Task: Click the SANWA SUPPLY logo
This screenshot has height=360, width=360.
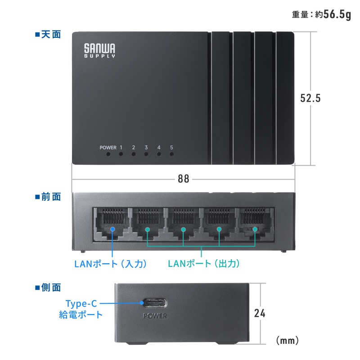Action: point(100,50)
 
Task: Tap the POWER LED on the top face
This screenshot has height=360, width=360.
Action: point(108,154)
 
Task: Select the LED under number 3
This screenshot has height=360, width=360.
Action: point(146,154)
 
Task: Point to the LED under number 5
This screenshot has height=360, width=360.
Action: point(171,154)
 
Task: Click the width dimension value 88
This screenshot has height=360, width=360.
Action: point(183,179)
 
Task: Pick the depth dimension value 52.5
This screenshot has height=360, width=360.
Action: point(310,98)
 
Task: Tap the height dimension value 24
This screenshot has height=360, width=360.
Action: point(260,313)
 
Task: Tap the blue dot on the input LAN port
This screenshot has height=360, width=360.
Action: point(112,229)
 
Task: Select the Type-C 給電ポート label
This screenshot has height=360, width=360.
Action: point(81,309)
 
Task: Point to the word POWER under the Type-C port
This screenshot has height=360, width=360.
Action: point(154,315)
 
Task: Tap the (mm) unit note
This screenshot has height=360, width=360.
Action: point(287,340)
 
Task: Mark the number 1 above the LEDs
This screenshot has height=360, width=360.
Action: point(121,147)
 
